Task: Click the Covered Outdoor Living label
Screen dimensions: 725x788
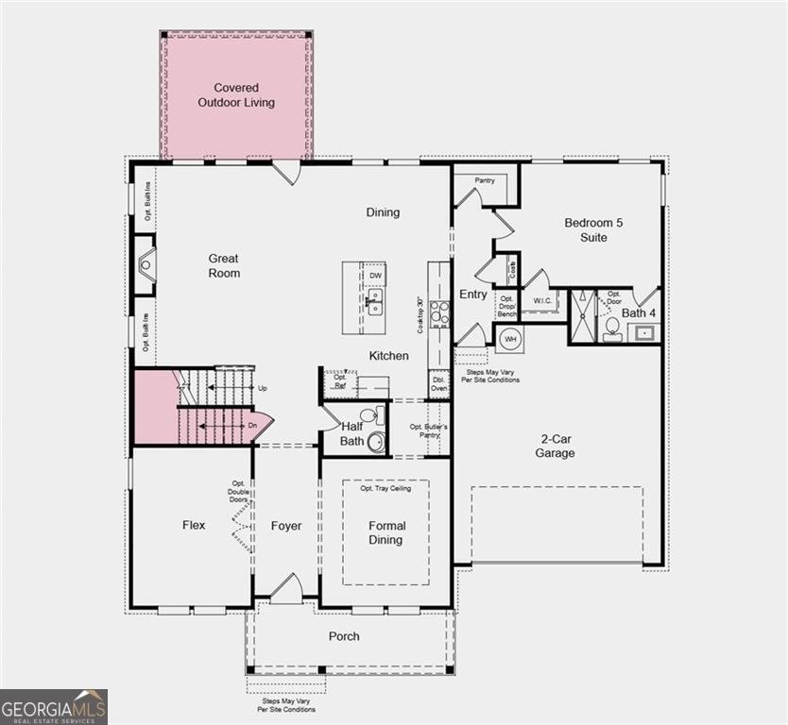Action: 236,94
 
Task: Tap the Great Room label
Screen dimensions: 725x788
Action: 224,265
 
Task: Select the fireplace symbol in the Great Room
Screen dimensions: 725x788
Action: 145,265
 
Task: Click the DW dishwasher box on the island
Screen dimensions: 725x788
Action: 375,275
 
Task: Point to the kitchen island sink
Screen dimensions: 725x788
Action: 375,301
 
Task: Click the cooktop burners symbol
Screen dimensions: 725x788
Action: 439,312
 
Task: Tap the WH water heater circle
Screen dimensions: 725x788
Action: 509,339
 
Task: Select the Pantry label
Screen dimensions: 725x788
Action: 485,179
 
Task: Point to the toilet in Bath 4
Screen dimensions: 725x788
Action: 611,329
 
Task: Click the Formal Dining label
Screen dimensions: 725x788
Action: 385,532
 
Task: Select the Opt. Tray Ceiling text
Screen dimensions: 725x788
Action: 385,488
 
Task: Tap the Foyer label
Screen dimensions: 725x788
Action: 286,526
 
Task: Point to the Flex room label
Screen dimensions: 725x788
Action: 194,526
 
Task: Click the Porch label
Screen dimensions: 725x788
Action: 344,636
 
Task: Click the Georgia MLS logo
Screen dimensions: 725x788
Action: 54,706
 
